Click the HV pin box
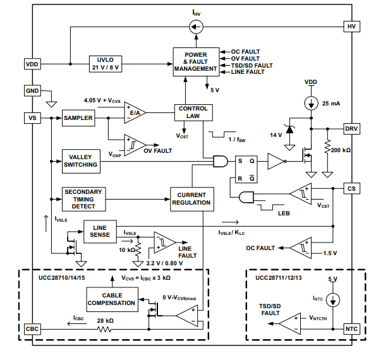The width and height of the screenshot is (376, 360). [x=351, y=27]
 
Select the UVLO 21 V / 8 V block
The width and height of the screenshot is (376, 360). [x=106, y=64]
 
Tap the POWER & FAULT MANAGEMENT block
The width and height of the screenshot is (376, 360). [x=196, y=62]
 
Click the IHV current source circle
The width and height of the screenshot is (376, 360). [x=196, y=27]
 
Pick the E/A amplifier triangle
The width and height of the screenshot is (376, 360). [x=135, y=112]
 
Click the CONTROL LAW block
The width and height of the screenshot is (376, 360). [x=193, y=112]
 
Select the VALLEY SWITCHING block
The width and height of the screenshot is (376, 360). [x=81, y=161]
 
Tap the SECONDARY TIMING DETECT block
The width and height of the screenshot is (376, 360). [x=83, y=199]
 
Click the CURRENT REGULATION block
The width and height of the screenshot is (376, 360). [x=192, y=199]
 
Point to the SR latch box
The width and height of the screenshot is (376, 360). [x=246, y=169]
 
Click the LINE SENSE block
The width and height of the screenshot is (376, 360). [x=100, y=231]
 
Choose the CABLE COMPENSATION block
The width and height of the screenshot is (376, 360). [x=112, y=299]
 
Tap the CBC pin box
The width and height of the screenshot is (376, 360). [x=32, y=329]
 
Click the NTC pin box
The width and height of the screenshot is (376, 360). [x=351, y=329]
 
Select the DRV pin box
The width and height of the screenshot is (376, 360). [x=351, y=129]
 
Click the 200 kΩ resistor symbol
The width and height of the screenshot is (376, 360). [x=327, y=146]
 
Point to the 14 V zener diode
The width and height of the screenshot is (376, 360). [x=289, y=129]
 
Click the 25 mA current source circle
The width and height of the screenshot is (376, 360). [x=312, y=104]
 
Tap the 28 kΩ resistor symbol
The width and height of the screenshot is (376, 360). [x=104, y=329]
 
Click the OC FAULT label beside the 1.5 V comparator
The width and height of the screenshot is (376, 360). [x=260, y=248]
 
